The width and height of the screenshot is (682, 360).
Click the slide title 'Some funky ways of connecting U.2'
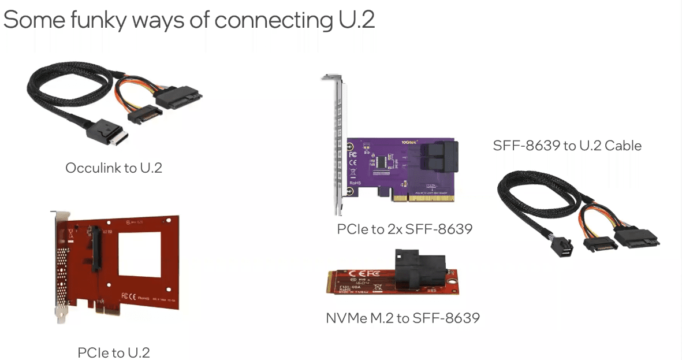[x=189, y=20]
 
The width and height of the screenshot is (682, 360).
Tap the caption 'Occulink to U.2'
[x=114, y=168]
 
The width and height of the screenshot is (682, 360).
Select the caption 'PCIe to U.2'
[x=114, y=352]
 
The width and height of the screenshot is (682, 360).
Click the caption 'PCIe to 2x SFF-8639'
[x=404, y=229]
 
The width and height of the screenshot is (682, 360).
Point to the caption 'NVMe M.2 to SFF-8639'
[x=403, y=317]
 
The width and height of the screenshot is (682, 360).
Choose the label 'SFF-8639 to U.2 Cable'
[x=567, y=145]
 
